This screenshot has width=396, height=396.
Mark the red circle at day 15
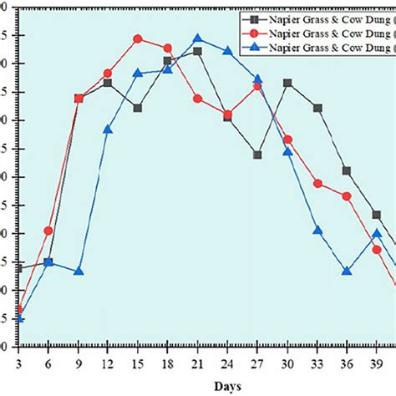click(x=138, y=38)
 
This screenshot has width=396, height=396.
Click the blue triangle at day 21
click(x=197, y=38)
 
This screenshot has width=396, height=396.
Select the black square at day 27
click(x=257, y=155)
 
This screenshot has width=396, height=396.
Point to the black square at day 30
click(x=287, y=83)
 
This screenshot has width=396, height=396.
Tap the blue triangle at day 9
click(x=79, y=272)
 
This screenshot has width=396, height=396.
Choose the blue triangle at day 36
click(x=347, y=272)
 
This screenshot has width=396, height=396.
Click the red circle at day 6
click(x=48, y=231)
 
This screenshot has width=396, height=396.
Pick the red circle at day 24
click(x=227, y=114)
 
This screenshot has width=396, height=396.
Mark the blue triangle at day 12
click(x=108, y=129)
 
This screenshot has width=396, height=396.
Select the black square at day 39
click(x=377, y=215)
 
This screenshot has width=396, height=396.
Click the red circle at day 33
click(x=317, y=183)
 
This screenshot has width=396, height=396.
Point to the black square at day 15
click(x=138, y=108)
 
